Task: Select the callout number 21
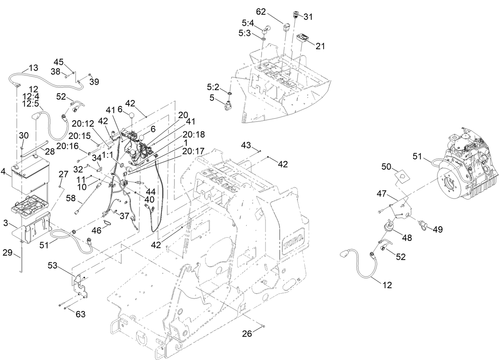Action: (x=320, y=46)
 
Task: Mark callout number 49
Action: (x=438, y=229)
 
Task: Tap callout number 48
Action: (x=406, y=238)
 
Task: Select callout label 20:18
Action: (x=194, y=135)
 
